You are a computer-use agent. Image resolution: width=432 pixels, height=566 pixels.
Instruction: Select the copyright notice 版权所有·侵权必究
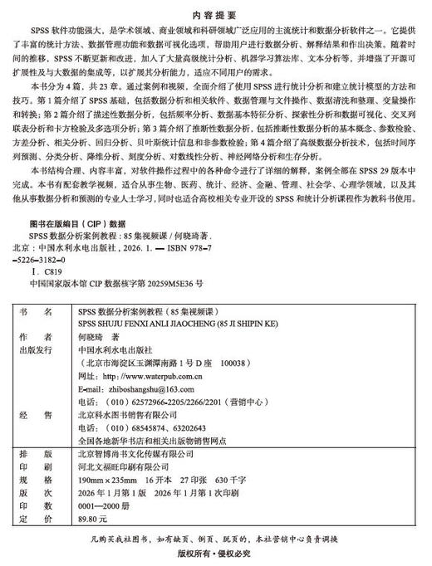click(x=215, y=553)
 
